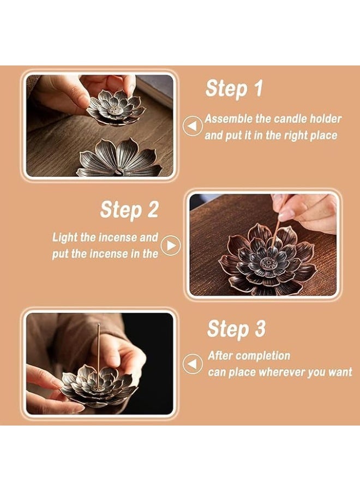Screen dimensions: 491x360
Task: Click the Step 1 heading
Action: point(234,89)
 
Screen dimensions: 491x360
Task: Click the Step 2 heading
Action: point(129,209)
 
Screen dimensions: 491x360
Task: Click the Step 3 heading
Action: point(236,329)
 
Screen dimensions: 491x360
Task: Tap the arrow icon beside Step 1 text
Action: point(192,127)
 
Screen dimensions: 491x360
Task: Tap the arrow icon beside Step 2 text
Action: point(170,245)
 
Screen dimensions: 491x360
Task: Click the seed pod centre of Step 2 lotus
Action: point(267,264)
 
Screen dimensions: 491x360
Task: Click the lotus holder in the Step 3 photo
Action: point(98,385)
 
